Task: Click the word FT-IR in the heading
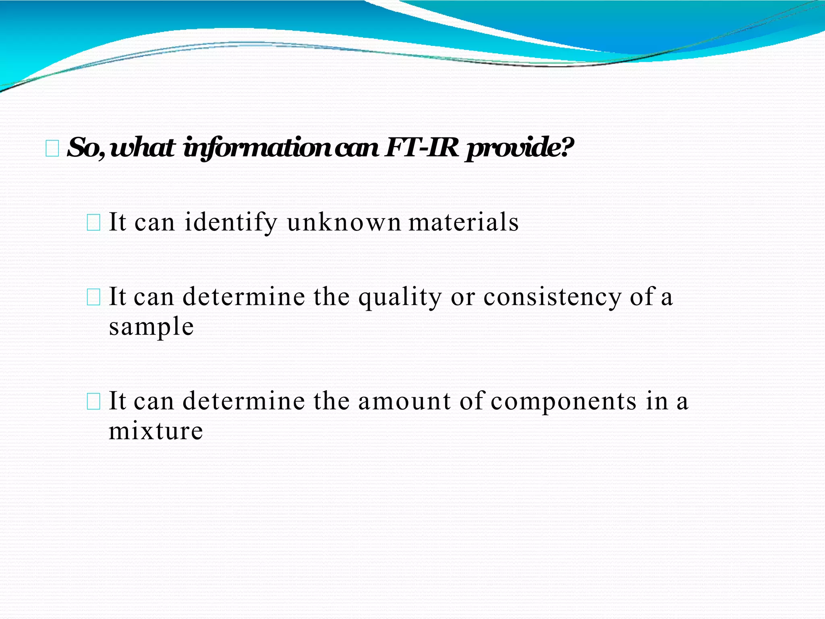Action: (422, 148)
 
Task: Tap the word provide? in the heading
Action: (519, 149)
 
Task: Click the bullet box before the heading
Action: (52, 149)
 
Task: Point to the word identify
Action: (231, 223)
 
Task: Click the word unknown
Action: (344, 222)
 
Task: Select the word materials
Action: (464, 222)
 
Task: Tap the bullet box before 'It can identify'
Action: (93, 223)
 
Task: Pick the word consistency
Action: (552, 298)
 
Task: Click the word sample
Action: (151, 327)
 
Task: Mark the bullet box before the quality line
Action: (93, 298)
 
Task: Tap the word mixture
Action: (156, 431)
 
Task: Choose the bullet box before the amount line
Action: (93, 402)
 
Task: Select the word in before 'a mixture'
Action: (657, 401)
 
